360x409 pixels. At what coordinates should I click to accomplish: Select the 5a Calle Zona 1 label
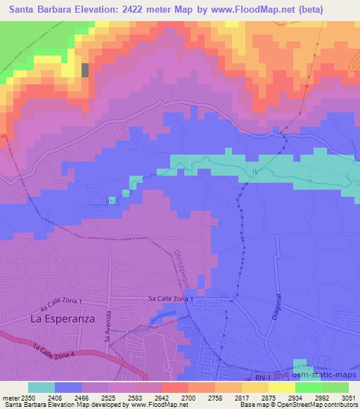tap(170, 300)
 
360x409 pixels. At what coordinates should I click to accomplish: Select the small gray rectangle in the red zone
tap(86, 70)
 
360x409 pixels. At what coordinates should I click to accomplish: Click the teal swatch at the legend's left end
tap(41, 387)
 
